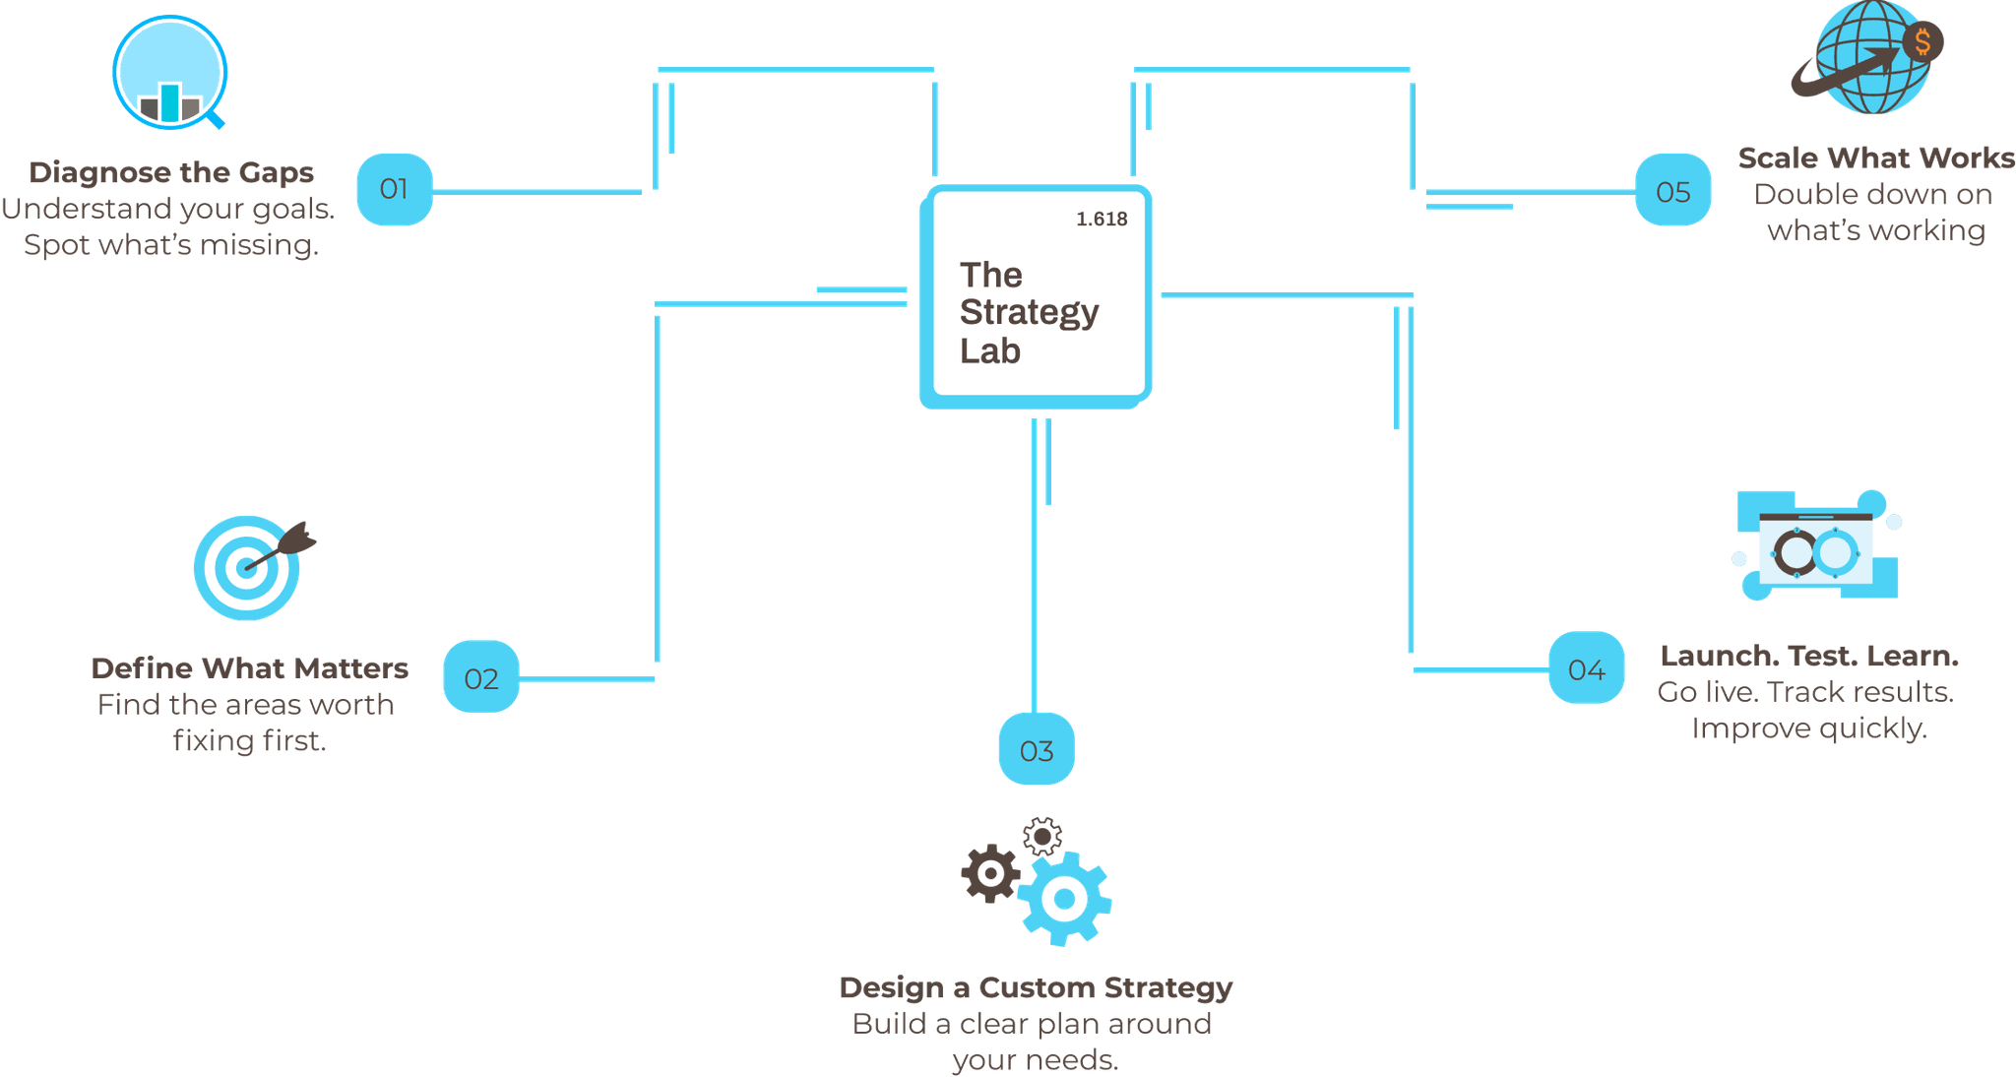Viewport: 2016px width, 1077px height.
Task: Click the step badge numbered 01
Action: [394, 189]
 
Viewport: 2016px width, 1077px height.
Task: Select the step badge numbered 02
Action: [480, 677]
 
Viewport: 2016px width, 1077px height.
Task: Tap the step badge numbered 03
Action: [1037, 749]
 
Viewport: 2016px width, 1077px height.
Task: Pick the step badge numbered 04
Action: [1586, 668]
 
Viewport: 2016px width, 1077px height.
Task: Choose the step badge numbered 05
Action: [1672, 190]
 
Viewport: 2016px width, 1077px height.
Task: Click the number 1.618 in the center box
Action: [1102, 219]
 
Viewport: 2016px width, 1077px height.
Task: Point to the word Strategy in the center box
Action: [1029, 312]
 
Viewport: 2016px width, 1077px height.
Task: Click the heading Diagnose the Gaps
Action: [171, 172]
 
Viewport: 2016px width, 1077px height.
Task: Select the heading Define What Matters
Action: [249, 668]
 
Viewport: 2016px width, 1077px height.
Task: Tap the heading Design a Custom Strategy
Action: [1035, 987]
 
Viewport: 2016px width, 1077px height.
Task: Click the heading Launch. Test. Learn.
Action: [1809, 656]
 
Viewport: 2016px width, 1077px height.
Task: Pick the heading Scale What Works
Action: [1875, 158]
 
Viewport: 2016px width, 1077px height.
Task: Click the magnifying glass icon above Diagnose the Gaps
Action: [170, 73]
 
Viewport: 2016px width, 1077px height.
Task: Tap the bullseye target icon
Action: [245, 569]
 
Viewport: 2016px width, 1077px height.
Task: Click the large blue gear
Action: [1064, 898]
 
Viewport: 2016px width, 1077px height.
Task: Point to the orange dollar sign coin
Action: [1921, 42]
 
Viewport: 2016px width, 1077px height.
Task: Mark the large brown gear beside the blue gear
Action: [989, 873]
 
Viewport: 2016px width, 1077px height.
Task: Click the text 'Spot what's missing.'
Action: [171, 245]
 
